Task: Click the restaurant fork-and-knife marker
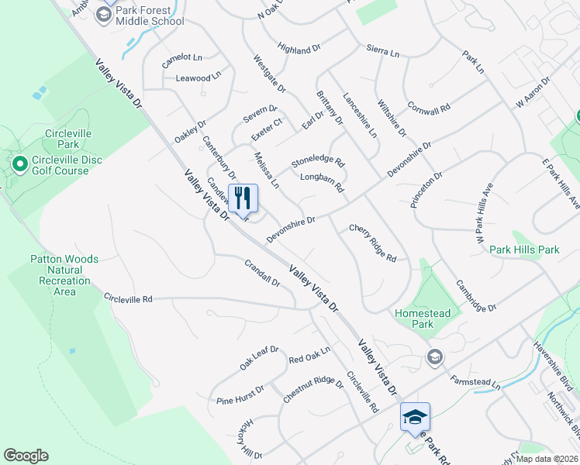pyautogui.click(x=243, y=198)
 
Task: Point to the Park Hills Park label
pyautogui.click(x=524, y=250)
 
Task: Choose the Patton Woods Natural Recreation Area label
pyautogui.click(x=65, y=275)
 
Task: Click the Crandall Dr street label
pyautogui.click(x=262, y=273)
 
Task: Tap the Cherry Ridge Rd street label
pyautogui.click(x=373, y=243)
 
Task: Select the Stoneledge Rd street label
pyautogui.click(x=317, y=164)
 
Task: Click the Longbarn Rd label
pyautogui.click(x=321, y=183)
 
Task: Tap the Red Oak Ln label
pyautogui.click(x=309, y=355)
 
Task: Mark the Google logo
pyautogui.click(x=26, y=456)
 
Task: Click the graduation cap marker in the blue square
pyautogui.click(x=415, y=417)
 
